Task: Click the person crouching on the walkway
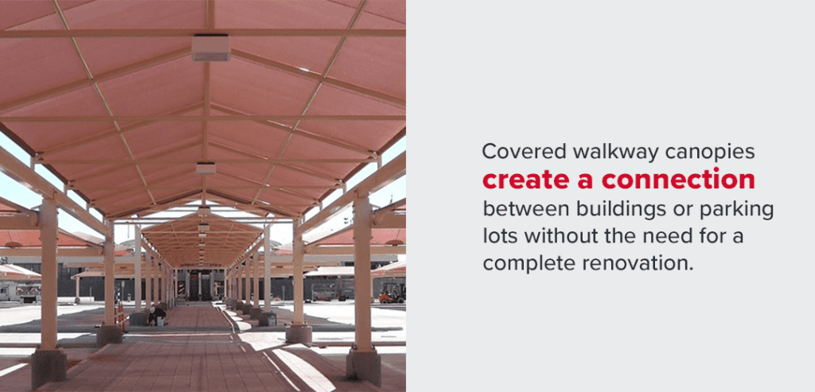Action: pos(158,315)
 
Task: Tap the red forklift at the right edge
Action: pos(391,293)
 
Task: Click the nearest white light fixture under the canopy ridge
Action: pos(211,48)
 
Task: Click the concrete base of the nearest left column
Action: pos(49,368)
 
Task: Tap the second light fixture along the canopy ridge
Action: pos(206,168)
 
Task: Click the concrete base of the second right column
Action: pos(299,332)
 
